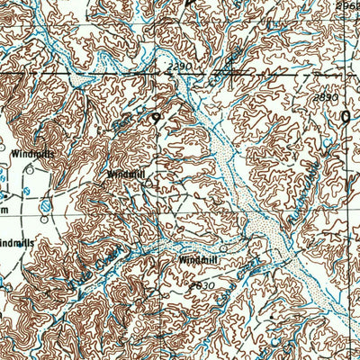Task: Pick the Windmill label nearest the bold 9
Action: [125, 174]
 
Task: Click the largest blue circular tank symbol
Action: [46, 206]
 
